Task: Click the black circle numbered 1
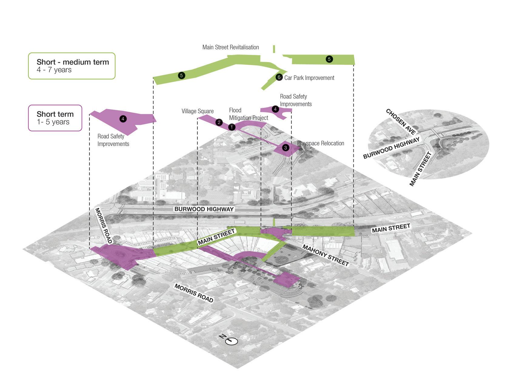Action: point(232,127)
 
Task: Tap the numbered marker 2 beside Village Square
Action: point(219,122)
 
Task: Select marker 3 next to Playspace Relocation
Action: point(286,148)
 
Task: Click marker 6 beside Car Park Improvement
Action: point(279,77)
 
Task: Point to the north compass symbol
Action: point(232,341)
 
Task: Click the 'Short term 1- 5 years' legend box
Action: point(55,118)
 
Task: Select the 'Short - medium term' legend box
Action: point(72,66)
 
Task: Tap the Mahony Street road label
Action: point(326,255)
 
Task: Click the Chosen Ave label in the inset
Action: point(401,121)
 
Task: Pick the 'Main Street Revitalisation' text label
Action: point(231,47)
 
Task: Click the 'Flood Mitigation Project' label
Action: point(248,114)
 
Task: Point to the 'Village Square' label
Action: point(198,111)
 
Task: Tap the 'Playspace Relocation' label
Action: point(321,143)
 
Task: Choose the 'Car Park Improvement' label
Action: point(309,78)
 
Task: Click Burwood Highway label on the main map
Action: point(204,209)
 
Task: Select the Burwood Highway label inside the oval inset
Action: point(392,148)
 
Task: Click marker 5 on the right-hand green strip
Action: point(329,59)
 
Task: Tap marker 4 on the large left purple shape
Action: point(123,119)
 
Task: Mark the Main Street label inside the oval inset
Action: point(420,169)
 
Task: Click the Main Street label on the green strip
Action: point(216,237)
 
